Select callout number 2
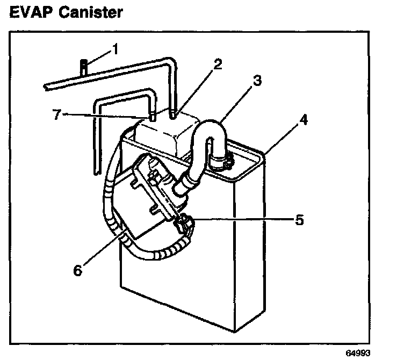217,64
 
